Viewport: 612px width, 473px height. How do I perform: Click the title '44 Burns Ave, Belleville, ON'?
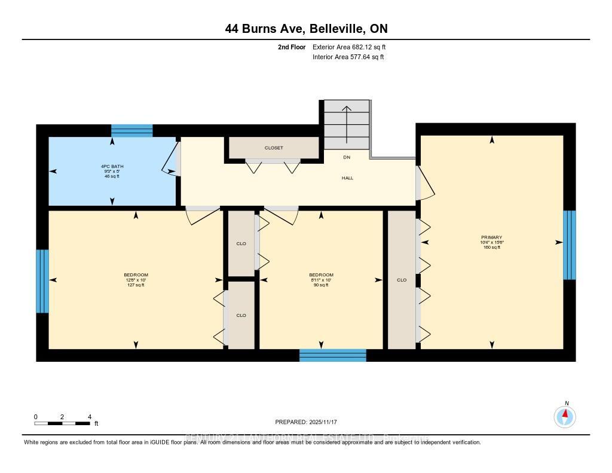pos(306,28)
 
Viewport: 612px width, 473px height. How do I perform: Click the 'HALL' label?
pos(348,178)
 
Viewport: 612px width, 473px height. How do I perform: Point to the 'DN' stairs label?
pos(347,157)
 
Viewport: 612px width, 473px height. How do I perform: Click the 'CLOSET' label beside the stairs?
pos(274,148)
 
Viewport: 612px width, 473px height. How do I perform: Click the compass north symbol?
pos(565,416)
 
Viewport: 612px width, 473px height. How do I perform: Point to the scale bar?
pos(62,423)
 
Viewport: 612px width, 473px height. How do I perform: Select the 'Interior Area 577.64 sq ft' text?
pos(348,57)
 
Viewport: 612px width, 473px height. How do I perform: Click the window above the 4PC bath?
pos(132,130)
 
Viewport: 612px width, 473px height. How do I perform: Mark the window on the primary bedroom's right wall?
pos(570,245)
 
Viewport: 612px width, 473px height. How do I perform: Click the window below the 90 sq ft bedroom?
pos(332,355)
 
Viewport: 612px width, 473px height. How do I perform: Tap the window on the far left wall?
pos(42,281)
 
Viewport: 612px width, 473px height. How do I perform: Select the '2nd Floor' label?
pos(292,47)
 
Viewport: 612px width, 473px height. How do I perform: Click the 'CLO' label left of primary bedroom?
pos(402,280)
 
